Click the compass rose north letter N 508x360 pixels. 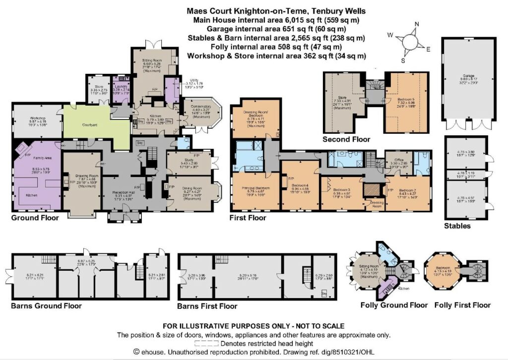(x=417, y=25)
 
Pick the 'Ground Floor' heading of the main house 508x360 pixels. (x=34, y=218)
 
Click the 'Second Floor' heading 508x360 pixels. (x=346, y=139)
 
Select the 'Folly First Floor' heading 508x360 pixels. (x=462, y=305)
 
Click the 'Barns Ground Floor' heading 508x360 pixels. (x=46, y=306)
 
